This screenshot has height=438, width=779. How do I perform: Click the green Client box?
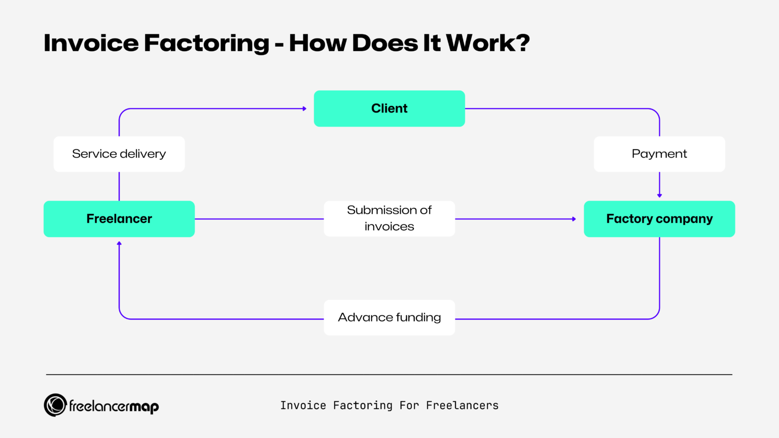(x=389, y=108)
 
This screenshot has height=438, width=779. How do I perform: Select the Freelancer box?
(x=119, y=219)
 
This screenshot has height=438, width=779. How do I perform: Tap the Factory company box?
(x=659, y=219)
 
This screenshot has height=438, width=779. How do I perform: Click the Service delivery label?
(x=119, y=154)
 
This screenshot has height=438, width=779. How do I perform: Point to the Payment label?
(x=659, y=154)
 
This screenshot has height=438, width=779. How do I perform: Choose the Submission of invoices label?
(x=389, y=218)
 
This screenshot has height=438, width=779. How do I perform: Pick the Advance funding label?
(x=389, y=317)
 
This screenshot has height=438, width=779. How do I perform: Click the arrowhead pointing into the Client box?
(x=304, y=108)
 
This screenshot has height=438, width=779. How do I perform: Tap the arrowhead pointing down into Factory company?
(x=659, y=195)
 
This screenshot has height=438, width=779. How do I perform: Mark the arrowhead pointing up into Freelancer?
(x=119, y=244)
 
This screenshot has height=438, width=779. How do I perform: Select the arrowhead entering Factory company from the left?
(x=574, y=219)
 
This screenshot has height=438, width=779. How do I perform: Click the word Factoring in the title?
(x=206, y=44)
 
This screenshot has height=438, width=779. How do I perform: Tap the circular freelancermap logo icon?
(x=55, y=405)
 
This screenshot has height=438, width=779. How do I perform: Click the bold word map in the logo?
(x=144, y=407)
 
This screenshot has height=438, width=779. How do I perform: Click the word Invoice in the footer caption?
(x=303, y=406)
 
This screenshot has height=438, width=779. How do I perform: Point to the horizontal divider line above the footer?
(x=389, y=375)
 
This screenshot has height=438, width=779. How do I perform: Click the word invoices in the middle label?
(x=389, y=227)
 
